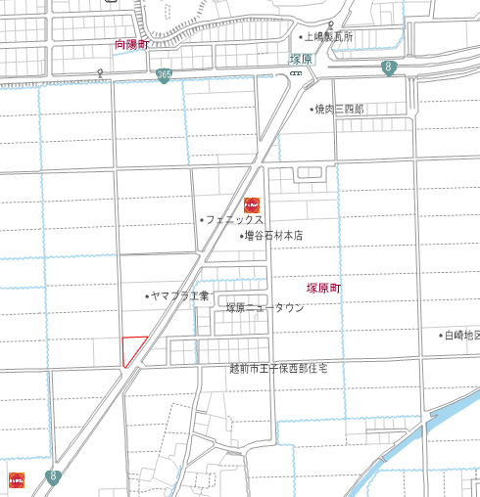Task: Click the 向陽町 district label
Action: [x=131, y=44]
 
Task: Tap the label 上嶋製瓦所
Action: [x=328, y=36]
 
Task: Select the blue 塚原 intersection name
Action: [x=301, y=60]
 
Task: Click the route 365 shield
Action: [x=164, y=74]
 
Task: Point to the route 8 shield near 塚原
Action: [x=389, y=68]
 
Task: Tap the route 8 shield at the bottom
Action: [x=53, y=477]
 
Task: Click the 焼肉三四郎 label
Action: [x=338, y=110]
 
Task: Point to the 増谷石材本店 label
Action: [x=273, y=236]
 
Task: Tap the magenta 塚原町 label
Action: [x=323, y=289]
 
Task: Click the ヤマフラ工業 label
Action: [x=180, y=295]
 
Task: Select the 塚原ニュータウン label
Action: [x=265, y=307]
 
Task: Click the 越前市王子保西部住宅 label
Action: [x=278, y=368]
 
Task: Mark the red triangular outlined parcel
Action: [x=131, y=348]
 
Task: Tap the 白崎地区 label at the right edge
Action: [x=462, y=336]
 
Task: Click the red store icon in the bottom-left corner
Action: [x=16, y=479]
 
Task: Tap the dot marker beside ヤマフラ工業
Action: [x=147, y=295]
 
